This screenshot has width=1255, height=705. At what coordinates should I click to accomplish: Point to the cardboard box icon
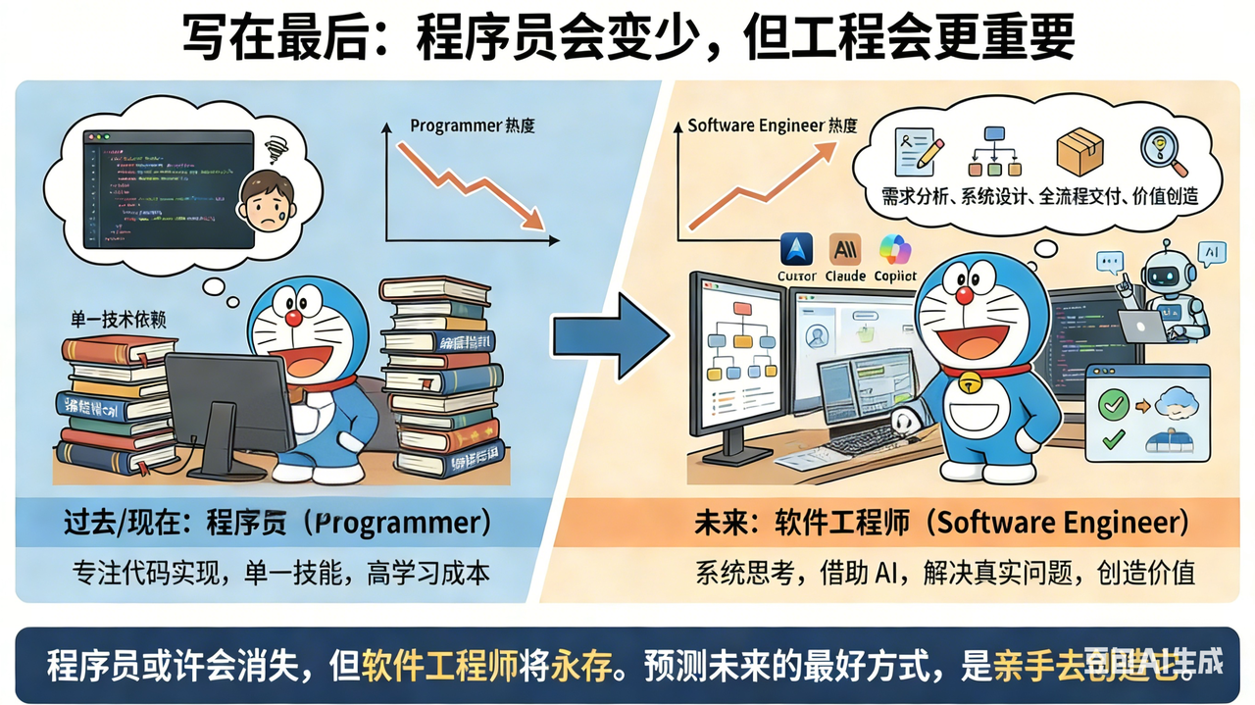pos(1079,153)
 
